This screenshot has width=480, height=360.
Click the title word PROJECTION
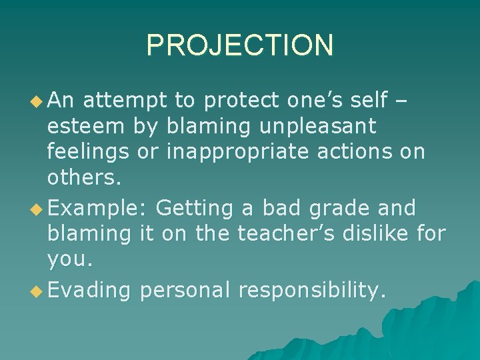click(x=239, y=45)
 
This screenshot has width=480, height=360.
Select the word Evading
click(x=90, y=291)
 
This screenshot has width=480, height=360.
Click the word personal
click(x=185, y=291)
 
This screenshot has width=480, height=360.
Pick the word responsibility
click(x=312, y=291)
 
